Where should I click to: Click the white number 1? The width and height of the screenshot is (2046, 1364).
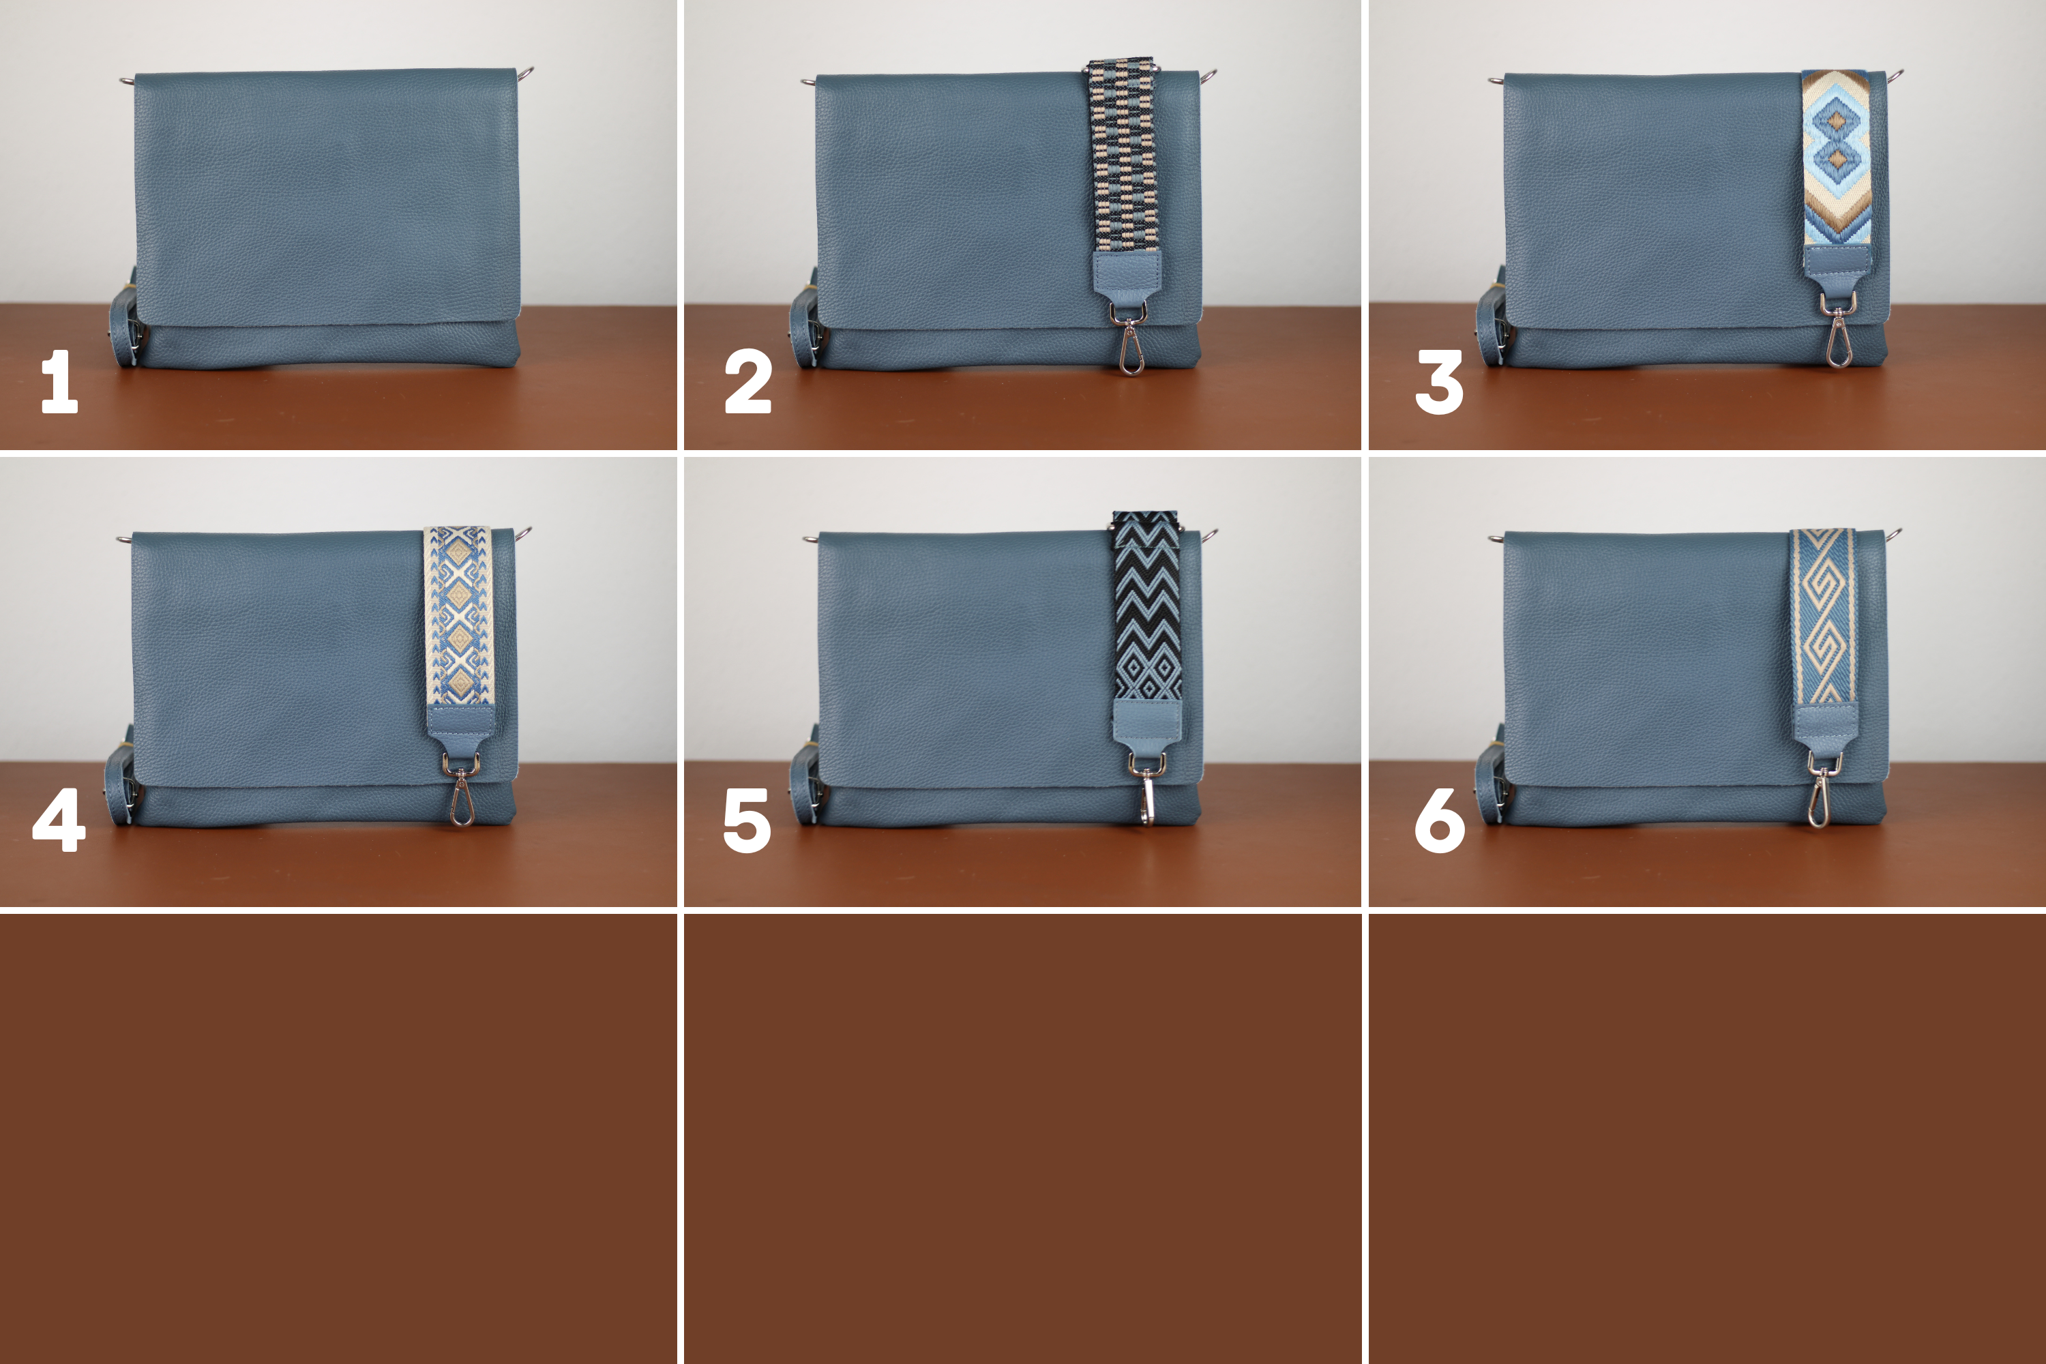(59, 381)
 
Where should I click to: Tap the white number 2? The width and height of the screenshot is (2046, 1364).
(748, 381)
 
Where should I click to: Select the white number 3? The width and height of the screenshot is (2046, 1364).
(1439, 381)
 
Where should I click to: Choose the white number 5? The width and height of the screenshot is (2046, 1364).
(747, 820)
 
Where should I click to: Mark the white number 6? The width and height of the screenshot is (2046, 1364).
(1440, 820)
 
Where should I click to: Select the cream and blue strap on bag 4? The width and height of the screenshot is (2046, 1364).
(458, 616)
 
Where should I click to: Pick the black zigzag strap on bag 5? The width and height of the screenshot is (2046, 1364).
(1146, 607)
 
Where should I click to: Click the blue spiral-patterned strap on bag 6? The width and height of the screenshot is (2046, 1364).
(1823, 616)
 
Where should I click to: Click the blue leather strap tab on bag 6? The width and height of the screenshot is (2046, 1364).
(1825, 729)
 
